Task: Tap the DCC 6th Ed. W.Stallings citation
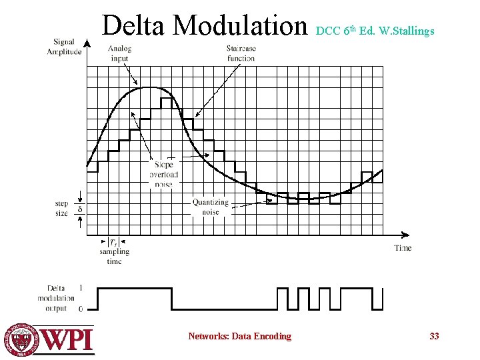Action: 375,31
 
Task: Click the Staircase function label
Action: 241,53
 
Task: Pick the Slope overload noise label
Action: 163,174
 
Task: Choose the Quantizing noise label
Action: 210,207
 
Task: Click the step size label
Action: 61,208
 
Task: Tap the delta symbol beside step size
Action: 81,209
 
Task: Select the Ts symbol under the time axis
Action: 114,242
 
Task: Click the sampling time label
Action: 115,256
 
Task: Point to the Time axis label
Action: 402,248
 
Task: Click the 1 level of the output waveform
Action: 81,288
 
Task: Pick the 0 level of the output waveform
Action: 81,309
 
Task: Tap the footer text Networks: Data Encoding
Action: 239,336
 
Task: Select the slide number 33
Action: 434,336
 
